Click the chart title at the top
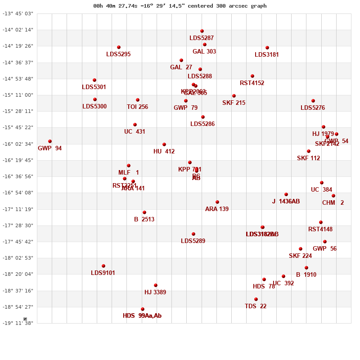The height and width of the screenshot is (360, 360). point(180,6)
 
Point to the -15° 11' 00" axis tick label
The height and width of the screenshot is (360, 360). point(18,95)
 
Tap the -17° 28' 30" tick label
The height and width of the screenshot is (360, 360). point(18,225)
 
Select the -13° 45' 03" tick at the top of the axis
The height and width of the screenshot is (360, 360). point(18,13)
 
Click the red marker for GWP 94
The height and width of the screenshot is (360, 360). point(50,141)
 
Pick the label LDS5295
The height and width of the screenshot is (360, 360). point(118,54)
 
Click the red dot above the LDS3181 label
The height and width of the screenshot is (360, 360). point(267,48)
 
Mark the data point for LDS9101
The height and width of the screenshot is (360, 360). point(103,266)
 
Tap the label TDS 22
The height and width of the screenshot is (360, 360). point(256,306)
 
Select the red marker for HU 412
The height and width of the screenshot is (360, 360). point(164,144)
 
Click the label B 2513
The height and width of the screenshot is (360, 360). point(144,220)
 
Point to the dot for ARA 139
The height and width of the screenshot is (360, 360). point(217,202)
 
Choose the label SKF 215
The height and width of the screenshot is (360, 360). point(234,103)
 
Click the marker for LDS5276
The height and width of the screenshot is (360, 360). point(313,101)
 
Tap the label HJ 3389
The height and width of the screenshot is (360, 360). point(155,292)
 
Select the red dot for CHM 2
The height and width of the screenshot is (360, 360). point(333,196)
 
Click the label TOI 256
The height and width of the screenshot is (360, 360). point(137,107)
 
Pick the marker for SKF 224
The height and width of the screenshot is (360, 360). point(301,249)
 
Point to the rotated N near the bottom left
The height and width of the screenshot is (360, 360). point(26,319)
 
